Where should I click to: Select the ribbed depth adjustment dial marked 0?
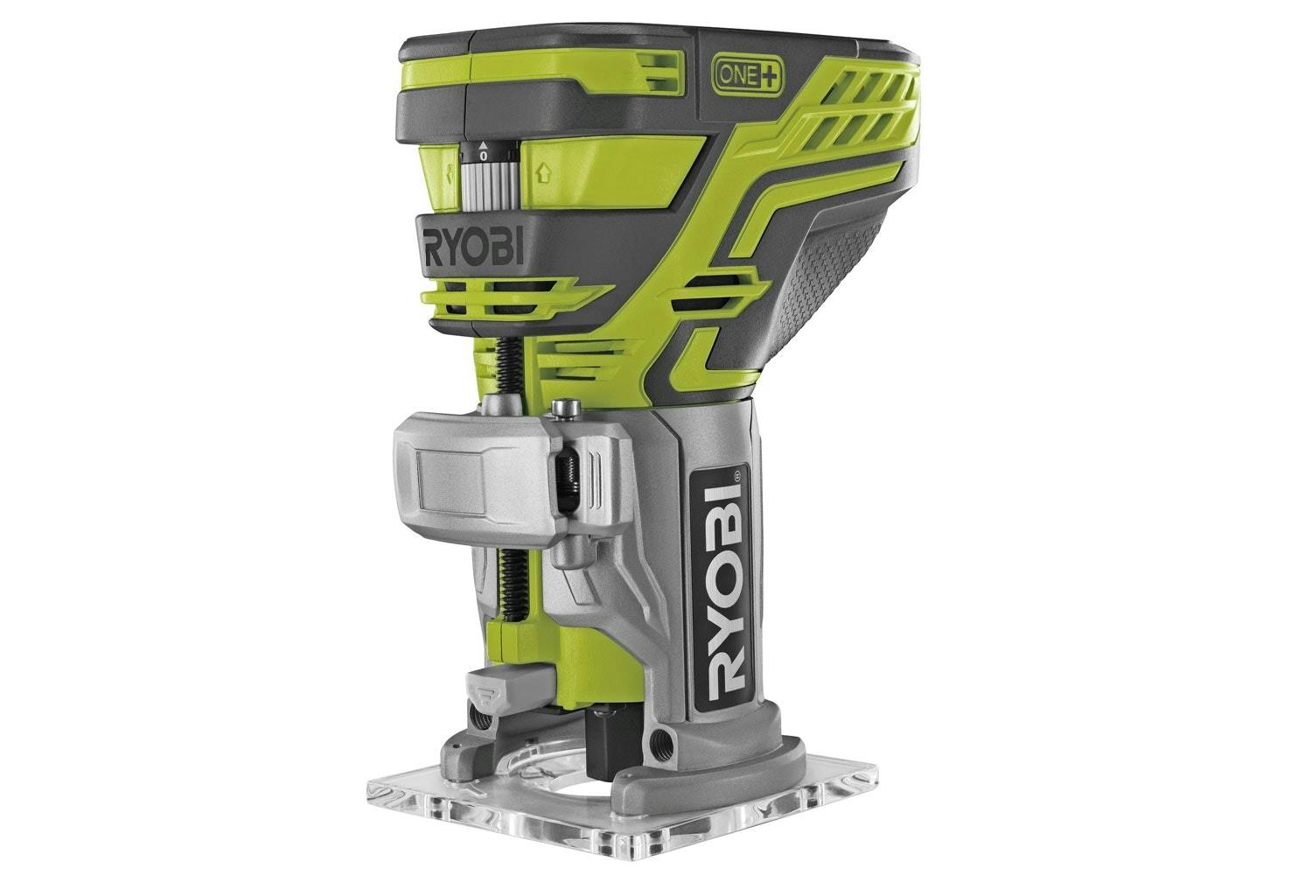pyautogui.click(x=489, y=176)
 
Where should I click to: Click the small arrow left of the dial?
pyautogui.click(x=450, y=172)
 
